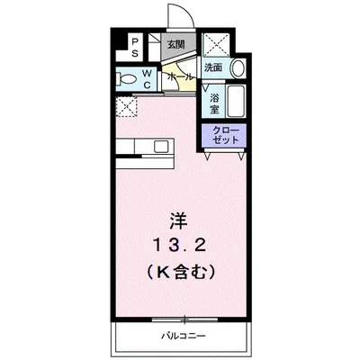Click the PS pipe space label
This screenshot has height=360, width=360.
[135, 47]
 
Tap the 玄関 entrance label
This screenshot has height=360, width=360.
[176, 45]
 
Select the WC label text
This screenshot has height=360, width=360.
[147, 79]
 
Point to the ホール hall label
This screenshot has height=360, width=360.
[180, 76]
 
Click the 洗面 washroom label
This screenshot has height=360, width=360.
[213, 67]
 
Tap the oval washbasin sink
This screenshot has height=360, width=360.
[238, 68]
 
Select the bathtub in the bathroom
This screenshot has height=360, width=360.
[236, 102]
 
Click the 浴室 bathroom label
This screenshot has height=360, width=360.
[214, 103]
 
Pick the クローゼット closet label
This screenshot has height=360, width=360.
[226, 135]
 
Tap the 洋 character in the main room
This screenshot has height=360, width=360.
[178, 221]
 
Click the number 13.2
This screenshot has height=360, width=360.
[180, 247]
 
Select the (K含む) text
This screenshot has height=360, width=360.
[181, 272]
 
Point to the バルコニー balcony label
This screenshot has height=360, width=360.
[184, 336]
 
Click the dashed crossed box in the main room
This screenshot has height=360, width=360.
[127, 106]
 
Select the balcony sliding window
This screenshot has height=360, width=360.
[184, 319]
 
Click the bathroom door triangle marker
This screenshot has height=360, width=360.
[205, 88]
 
